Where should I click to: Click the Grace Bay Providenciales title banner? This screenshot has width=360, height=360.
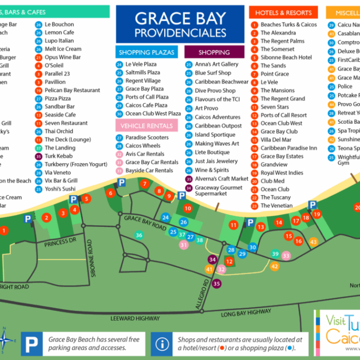[180, 25]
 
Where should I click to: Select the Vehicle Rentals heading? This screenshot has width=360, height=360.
[147, 125]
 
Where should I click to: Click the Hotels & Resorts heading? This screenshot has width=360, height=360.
[284, 13]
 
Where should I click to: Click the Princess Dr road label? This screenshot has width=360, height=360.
[60, 241]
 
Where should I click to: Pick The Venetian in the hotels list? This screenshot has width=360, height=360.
[276, 206]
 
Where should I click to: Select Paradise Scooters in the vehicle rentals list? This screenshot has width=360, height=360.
[147, 137]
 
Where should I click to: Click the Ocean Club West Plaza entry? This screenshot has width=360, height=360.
[153, 113]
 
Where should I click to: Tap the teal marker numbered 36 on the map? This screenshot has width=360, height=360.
[139, 236]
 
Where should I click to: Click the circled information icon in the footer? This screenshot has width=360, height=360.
[162, 344]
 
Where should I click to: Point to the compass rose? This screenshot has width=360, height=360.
[7, 340]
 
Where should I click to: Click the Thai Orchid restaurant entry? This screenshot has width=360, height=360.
[59, 131]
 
